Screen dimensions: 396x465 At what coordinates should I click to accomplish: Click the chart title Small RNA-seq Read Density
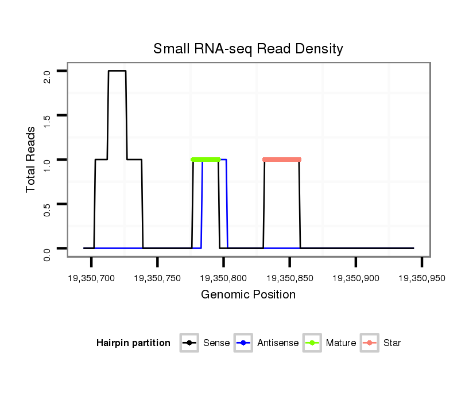(248, 49)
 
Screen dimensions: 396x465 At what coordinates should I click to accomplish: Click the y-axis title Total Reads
(31, 160)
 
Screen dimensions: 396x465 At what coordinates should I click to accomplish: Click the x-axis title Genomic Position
(248, 295)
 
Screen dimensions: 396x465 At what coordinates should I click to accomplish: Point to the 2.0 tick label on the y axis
(47, 76)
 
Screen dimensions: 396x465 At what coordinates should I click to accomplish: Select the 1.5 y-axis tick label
(47, 120)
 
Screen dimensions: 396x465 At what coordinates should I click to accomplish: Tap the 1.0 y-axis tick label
(47, 164)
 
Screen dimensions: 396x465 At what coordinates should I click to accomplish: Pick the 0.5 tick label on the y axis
(47, 208)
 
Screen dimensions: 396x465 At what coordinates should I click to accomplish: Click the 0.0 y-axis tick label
(47, 253)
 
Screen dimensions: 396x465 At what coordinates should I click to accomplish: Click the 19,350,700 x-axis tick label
(92, 278)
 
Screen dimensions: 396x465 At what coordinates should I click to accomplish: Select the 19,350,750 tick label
(158, 278)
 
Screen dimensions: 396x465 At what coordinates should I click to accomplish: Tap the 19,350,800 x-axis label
(224, 278)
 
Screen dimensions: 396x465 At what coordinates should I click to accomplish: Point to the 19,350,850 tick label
(290, 278)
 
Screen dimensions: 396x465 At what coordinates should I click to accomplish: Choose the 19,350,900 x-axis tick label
(356, 278)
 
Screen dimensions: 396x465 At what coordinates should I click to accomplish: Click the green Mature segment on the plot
(206, 160)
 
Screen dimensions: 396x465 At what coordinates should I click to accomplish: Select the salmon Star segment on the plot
(282, 160)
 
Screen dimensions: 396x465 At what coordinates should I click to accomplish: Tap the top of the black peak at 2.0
(117, 71)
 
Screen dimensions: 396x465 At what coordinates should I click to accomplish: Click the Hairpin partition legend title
(133, 343)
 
